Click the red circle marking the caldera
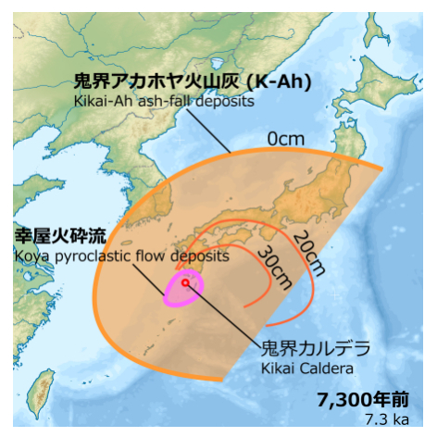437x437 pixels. pos(185,282)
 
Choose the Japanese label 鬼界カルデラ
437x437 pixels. pos(314,349)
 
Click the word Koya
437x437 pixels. pos(31,254)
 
